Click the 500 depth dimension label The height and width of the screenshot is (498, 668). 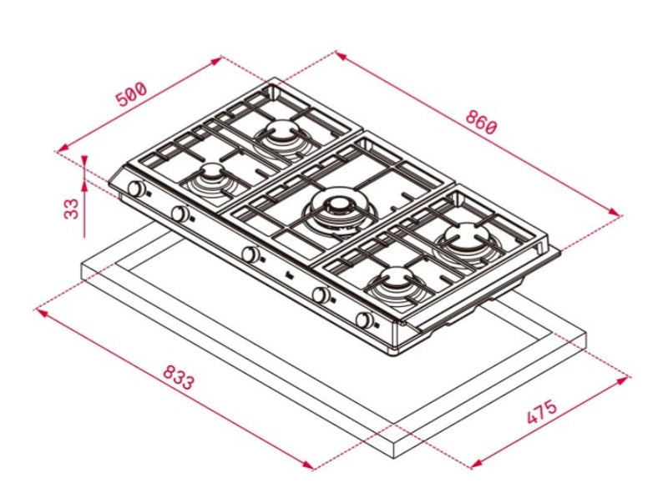click(x=131, y=94)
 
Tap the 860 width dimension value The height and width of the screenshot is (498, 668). click(x=482, y=123)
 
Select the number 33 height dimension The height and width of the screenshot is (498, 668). click(x=73, y=207)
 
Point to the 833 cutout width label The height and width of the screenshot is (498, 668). click(x=178, y=379)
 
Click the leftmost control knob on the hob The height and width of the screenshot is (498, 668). click(x=134, y=189)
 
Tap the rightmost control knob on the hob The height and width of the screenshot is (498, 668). click(x=365, y=320)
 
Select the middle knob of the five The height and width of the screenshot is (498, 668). click(x=249, y=254)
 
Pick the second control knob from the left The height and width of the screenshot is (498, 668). click(x=179, y=214)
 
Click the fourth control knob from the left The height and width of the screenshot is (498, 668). click(x=320, y=294)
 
